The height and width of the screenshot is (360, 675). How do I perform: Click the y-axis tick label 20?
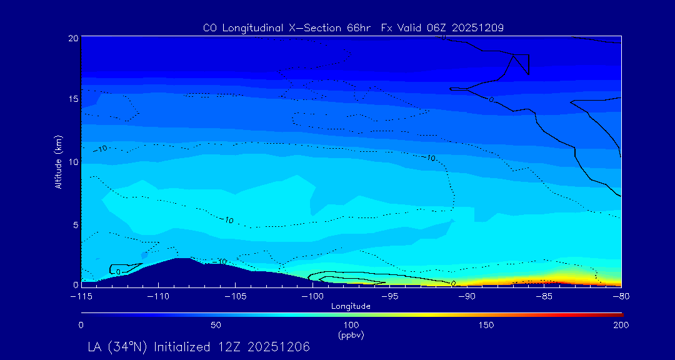72,38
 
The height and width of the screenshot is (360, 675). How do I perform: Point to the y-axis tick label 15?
72,99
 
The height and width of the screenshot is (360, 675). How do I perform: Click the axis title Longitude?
351,306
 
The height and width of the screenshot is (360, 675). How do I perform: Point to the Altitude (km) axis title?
59,161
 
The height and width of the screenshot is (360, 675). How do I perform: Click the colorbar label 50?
216,325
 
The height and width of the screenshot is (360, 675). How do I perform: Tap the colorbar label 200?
621,325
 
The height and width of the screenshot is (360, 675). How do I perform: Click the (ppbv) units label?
351,334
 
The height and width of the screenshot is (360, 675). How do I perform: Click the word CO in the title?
210,28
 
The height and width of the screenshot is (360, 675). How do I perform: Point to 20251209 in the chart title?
476,28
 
